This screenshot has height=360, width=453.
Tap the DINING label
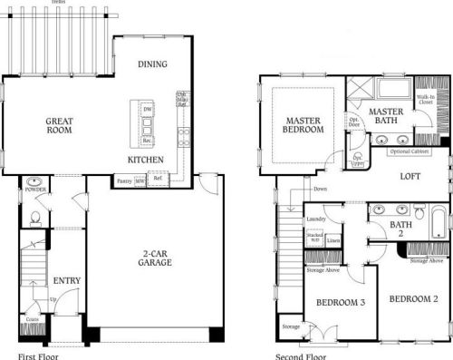click(x=151, y=64)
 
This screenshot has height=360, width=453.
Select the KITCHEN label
click(x=145, y=160)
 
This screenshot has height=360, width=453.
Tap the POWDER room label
click(x=36, y=190)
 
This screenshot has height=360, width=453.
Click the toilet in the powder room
click(x=34, y=218)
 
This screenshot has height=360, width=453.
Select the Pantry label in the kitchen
click(x=125, y=181)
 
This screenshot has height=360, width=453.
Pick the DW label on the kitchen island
click(x=147, y=109)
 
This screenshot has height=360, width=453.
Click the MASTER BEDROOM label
click(x=304, y=125)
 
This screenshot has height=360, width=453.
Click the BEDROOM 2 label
click(x=413, y=298)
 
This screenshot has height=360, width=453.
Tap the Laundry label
click(x=316, y=219)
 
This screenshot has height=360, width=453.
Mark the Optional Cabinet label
click(x=413, y=151)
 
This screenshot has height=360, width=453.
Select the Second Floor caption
click(x=300, y=355)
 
